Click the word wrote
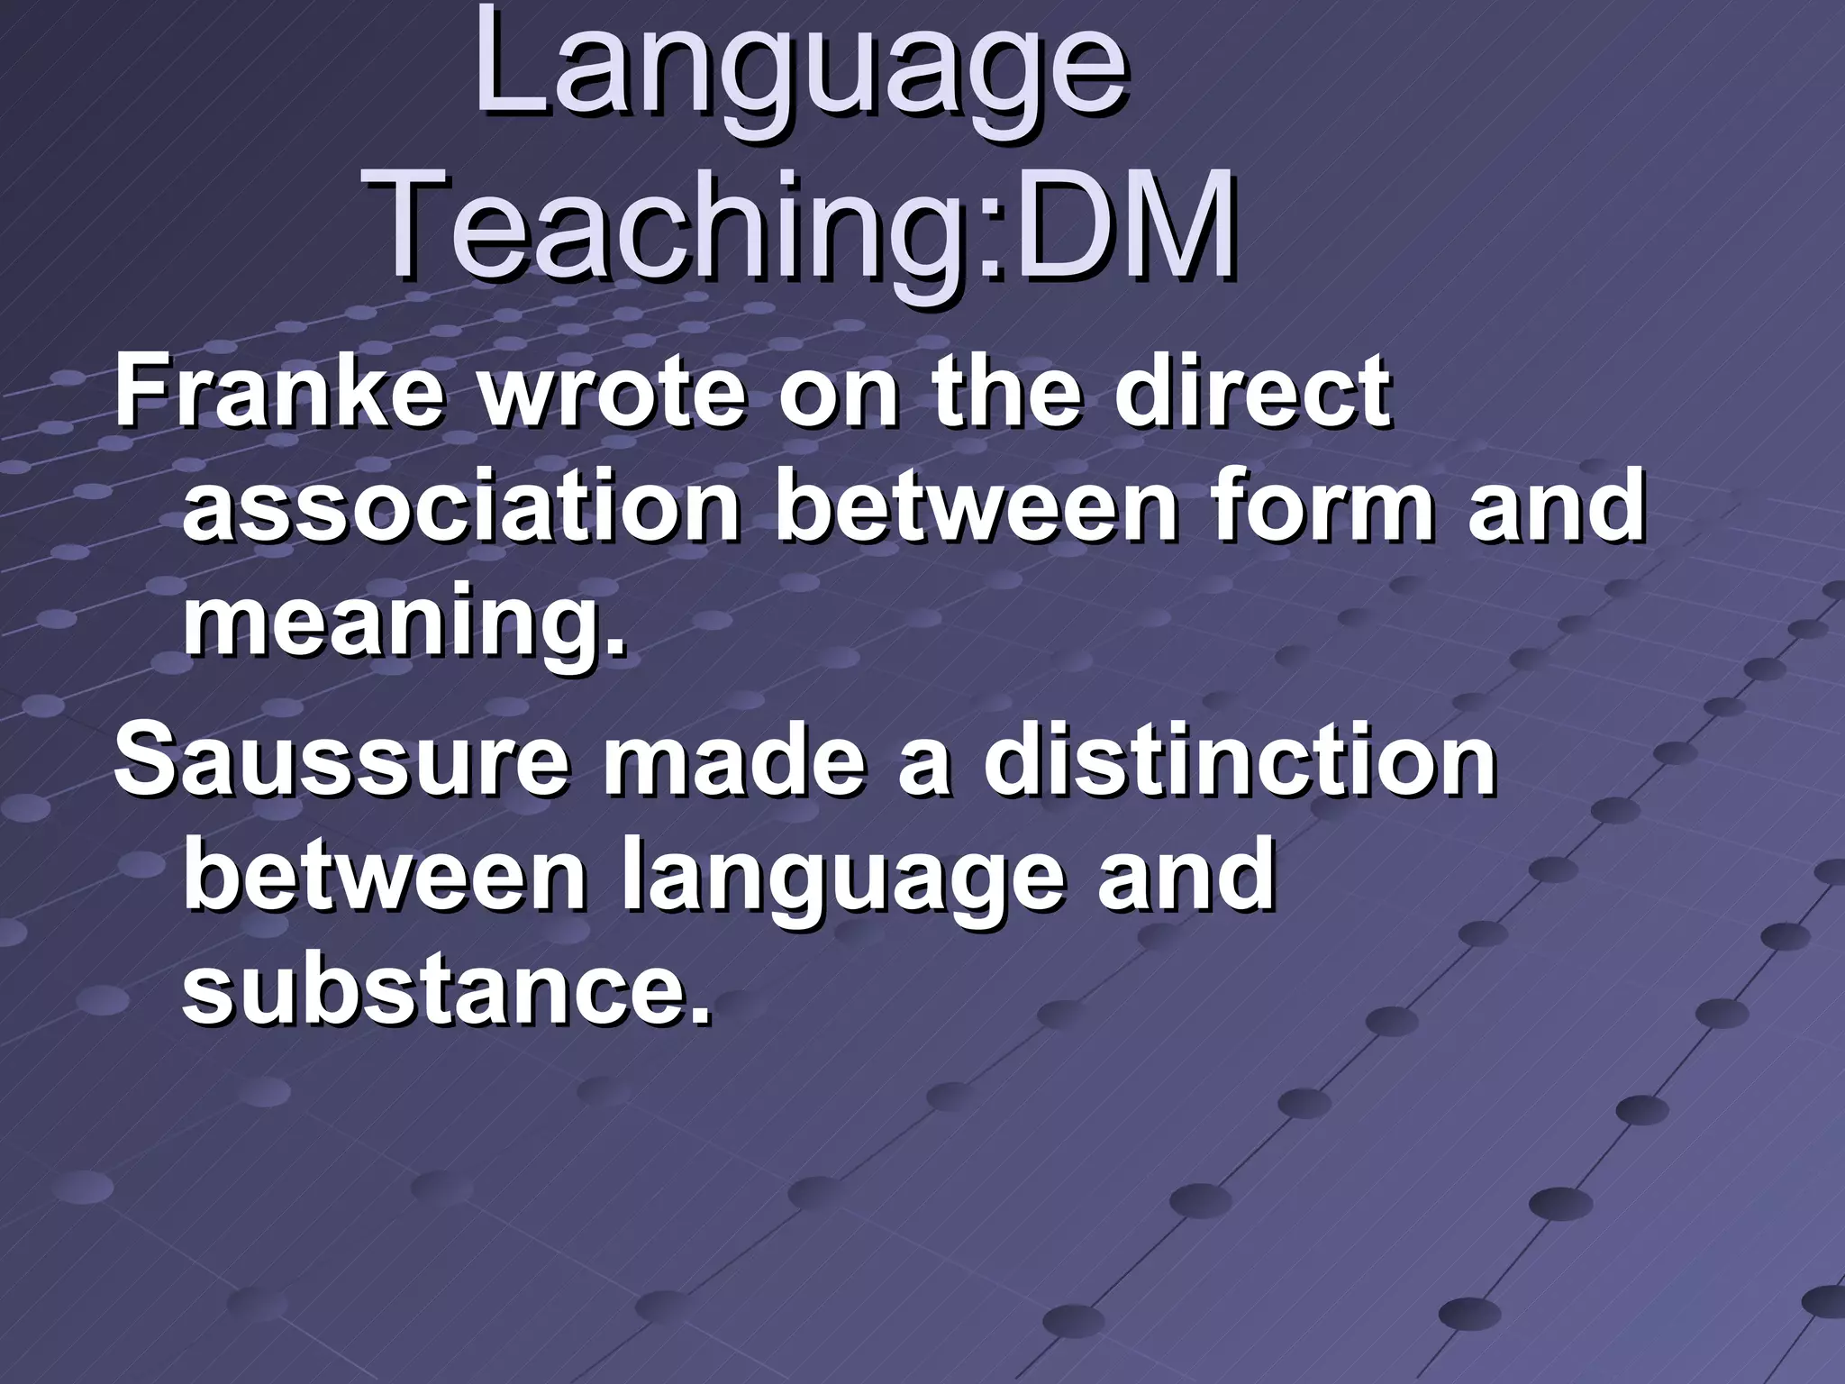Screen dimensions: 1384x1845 613,393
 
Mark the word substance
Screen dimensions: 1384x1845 446,991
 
